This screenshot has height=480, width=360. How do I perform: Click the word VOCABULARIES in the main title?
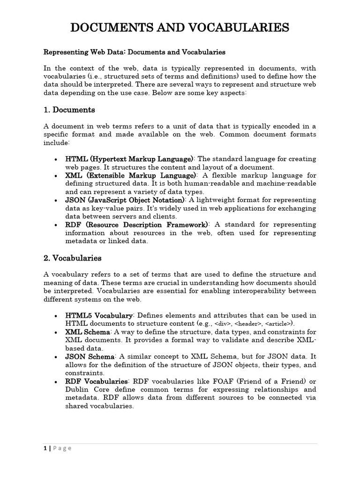coord(231,28)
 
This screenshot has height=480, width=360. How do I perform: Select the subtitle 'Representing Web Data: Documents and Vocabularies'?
coord(135,52)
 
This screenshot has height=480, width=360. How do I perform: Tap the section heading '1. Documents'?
coord(69,110)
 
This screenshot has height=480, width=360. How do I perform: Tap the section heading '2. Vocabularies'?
coord(72,258)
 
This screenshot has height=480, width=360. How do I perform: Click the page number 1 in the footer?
coord(44,448)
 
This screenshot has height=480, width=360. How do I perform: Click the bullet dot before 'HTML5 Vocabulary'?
coord(56,316)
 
